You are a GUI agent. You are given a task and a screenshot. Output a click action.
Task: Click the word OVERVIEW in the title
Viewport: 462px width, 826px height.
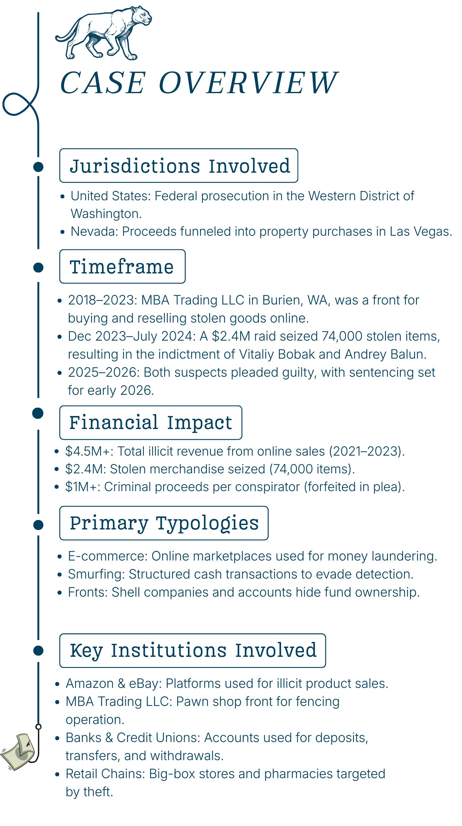pos(248,83)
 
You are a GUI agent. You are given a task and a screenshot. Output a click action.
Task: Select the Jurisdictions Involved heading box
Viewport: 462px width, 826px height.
pos(179,165)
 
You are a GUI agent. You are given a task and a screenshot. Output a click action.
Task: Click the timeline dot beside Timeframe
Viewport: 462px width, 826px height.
pos(38,267)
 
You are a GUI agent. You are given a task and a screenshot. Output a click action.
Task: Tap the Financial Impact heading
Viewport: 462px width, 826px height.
pos(151,423)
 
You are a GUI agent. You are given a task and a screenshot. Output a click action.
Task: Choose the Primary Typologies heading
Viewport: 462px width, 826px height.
pos(164,523)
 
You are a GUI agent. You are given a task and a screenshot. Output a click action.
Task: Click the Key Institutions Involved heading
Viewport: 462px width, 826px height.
pos(193,650)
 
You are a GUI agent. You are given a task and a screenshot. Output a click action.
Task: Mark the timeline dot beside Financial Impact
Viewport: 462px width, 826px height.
pos(38,413)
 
